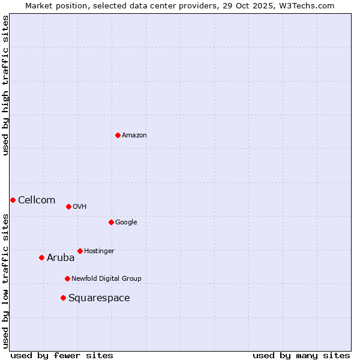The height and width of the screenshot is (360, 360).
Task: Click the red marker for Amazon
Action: (118, 135)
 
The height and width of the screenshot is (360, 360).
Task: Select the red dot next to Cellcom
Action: (13, 200)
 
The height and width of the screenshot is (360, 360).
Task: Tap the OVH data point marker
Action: (68, 206)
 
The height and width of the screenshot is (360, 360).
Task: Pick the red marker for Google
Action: (111, 222)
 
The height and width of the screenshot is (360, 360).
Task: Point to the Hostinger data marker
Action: (80, 251)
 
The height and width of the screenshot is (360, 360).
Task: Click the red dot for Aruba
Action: (41, 257)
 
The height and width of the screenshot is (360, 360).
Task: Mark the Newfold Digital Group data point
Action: (67, 278)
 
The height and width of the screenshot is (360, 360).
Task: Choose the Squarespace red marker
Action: (63, 298)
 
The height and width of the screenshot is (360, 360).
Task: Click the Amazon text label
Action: (134, 136)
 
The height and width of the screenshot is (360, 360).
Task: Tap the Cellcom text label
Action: (37, 200)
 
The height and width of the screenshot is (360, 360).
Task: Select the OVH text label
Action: (80, 207)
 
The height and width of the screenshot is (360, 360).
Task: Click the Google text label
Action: (126, 223)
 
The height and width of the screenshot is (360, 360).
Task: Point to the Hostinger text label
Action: (99, 251)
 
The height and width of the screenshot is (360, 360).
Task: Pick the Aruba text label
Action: (61, 258)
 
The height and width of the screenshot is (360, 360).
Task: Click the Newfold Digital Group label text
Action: (106, 279)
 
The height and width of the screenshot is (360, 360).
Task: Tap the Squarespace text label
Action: (99, 298)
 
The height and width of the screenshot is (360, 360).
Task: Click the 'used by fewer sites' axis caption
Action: (62, 355)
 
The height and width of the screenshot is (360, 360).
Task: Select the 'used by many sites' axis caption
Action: (301, 355)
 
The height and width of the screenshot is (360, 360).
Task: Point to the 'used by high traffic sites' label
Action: (5, 85)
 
